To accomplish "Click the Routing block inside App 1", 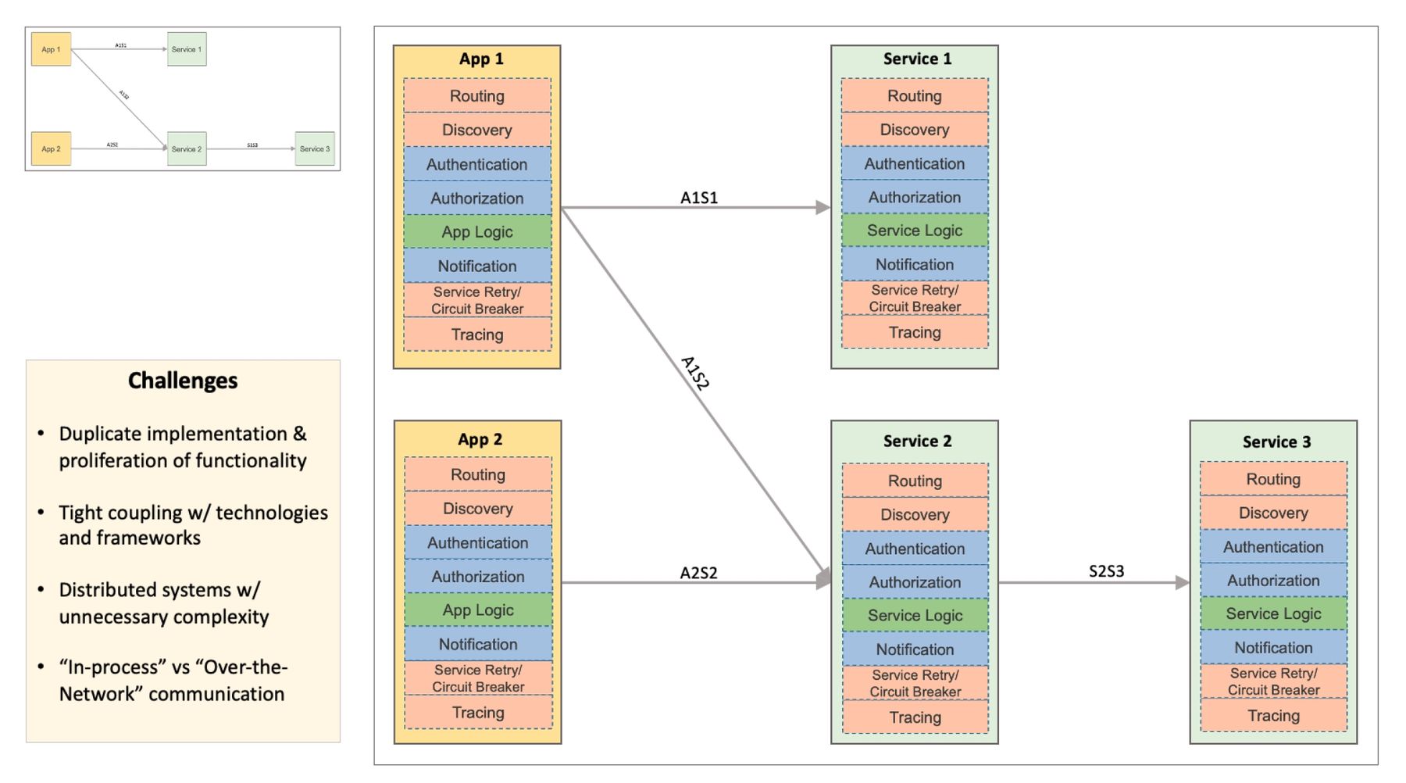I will tap(476, 96).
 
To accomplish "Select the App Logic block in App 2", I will tap(477, 610).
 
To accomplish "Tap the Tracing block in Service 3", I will tap(1273, 716).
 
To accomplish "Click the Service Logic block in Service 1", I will tap(914, 231).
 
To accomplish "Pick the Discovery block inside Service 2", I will tap(915, 515).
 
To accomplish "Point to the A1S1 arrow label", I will tap(698, 198).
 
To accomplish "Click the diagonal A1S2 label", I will tap(694, 373).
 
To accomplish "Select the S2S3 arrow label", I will tap(1106, 571).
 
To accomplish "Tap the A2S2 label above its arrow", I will tap(698, 573).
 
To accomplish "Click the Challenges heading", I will tap(183, 381).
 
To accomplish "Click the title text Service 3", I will tap(1276, 442).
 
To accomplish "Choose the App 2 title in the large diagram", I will tap(480, 440).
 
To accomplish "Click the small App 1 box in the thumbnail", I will tap(51, 49).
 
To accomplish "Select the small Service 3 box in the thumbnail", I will tap(315, 148).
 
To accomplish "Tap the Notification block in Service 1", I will tap(914, 264).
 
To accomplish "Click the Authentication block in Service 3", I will tap(1273, 547).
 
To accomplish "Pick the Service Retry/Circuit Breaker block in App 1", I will tap(476, 300).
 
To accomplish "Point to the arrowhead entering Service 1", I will tap(823, 207).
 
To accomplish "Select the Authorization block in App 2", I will tap(477, 577).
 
